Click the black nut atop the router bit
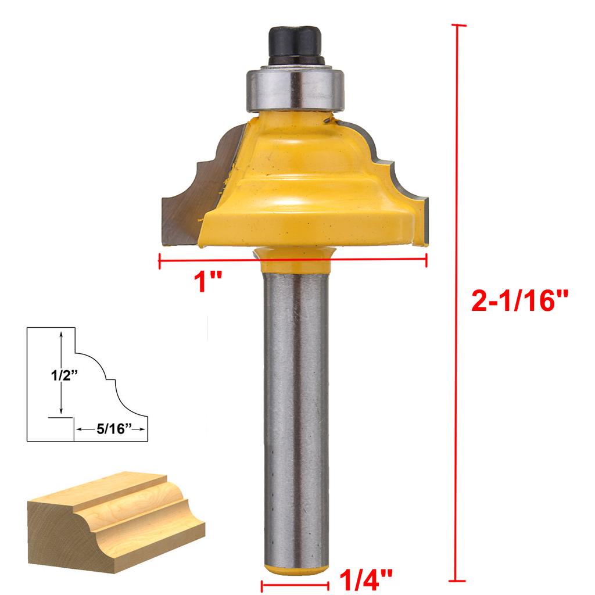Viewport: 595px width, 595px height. click(x=295, y=45)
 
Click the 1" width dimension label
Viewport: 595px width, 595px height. click(x=207, y=282)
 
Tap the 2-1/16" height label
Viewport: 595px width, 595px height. click(x=520, y=300)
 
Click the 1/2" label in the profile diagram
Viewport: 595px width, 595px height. click(x=64, y=375)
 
